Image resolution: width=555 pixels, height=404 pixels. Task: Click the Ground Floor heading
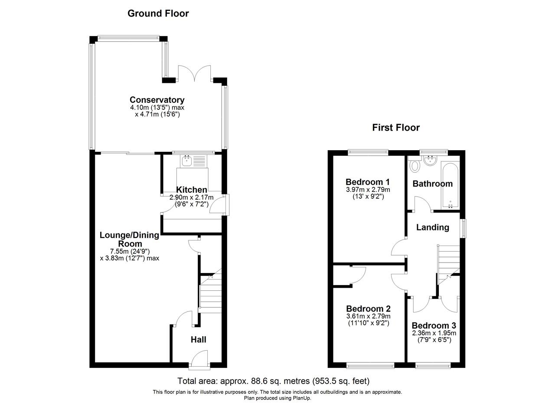158,13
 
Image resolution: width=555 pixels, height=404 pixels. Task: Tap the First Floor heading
396,128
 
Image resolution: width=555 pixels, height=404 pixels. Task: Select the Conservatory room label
157,100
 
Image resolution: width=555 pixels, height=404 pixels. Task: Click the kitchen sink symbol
186,161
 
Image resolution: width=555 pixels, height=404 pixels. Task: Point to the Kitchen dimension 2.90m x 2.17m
192,197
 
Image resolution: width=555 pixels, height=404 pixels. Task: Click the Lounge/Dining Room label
129,240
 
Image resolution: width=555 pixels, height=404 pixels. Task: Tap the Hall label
199,339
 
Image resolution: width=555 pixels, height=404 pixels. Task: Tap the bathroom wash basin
430,160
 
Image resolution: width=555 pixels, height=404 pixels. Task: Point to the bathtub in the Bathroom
450,185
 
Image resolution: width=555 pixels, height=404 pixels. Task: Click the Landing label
433,227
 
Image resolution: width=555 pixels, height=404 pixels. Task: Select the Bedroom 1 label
368,182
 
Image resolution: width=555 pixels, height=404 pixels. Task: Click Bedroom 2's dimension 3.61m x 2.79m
369,316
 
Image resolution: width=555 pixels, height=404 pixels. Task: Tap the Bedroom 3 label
434,325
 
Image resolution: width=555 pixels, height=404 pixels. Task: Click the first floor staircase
448,264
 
